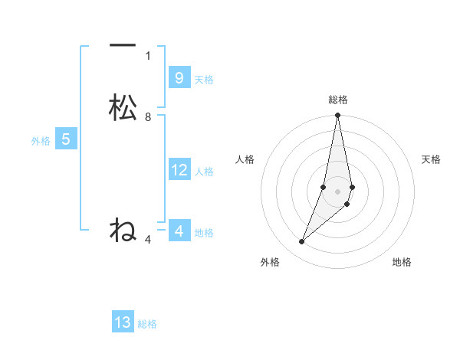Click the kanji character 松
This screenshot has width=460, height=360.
(x=123, y=107)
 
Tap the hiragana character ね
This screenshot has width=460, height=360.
(x=123, y=230)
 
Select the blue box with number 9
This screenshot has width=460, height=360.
(x=179, y=77)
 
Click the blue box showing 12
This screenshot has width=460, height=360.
(x=179, y=170)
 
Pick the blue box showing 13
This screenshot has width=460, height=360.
(x=123, y=322)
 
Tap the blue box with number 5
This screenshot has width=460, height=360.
(x=66, y=139)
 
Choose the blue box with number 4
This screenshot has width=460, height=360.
(x=179, y=231)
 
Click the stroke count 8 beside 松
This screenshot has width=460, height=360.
(x=148, y=117)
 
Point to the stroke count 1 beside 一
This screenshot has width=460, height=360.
(x=148, y=55)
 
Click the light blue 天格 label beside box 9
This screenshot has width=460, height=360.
(x=204, y=80)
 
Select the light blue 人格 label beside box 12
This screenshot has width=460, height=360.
(x=204, y=172)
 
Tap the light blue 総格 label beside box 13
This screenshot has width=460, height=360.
(x=147, y=324)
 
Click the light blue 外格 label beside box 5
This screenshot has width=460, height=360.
(x=41, y=141)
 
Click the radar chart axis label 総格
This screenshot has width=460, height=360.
(x=338, y=100)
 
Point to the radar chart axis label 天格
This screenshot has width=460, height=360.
(x=432, y=159)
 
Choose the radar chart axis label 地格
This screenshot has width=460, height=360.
(x=402, y=263)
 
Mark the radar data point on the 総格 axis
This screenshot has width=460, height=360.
(x=338, y=116)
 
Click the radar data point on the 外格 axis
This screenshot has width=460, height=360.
(x=301, y=242)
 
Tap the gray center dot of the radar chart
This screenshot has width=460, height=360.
(x=338, y=191)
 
